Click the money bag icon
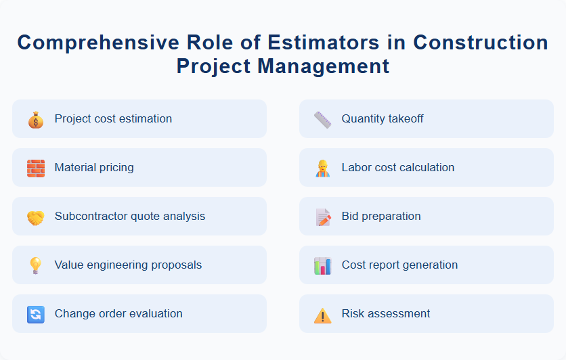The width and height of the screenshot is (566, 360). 35,120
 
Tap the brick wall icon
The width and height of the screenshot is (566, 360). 35,168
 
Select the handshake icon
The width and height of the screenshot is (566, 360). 35,217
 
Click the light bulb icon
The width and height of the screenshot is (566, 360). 35,265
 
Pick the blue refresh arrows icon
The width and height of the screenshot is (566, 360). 35,314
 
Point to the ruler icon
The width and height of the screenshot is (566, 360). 322,120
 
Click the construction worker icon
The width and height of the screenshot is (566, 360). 322,168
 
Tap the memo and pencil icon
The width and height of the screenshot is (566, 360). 322,217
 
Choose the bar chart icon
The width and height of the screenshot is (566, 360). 322,265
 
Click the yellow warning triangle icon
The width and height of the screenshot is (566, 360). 322,315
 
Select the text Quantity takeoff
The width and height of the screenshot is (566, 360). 382,119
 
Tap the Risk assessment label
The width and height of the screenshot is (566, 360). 385,314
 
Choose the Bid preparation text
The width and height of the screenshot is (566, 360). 380,217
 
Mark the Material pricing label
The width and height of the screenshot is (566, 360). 94,168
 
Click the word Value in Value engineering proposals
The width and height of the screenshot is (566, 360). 68,265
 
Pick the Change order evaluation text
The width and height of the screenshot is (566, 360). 118,314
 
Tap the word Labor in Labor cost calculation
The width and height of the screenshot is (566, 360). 355,168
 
